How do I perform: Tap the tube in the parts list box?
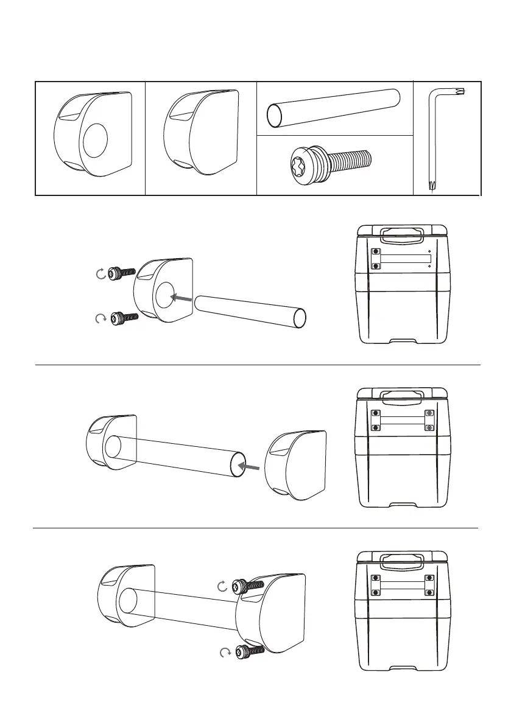coord(334,108)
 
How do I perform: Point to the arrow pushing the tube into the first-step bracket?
coord(181,298)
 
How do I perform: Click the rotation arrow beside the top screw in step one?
coord(101,274)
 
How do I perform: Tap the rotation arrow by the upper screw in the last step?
coord(223,586)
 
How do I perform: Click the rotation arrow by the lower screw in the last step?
coord(224,653)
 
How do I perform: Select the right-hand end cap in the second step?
coord(297,466)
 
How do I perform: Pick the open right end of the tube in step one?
coord(299,318)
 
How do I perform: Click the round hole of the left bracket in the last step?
coord(127,600)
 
